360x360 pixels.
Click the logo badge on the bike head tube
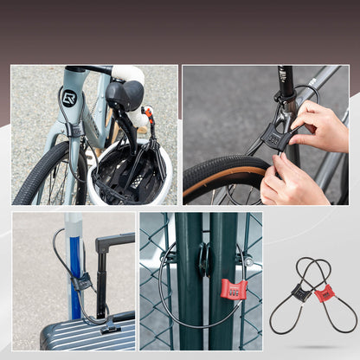pyautogui.click(x=69, y=97)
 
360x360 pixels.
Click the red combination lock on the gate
pyautogui.click(x=233, y=288)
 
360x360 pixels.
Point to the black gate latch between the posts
pyautogui.click(x=203, y=260)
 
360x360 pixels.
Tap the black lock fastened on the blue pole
pyautogui.click(x=82, y=280)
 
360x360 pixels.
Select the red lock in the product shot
pyautogui.click(x=324, y=294)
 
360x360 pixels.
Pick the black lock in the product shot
pyautogui.click(x=300, y=294)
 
